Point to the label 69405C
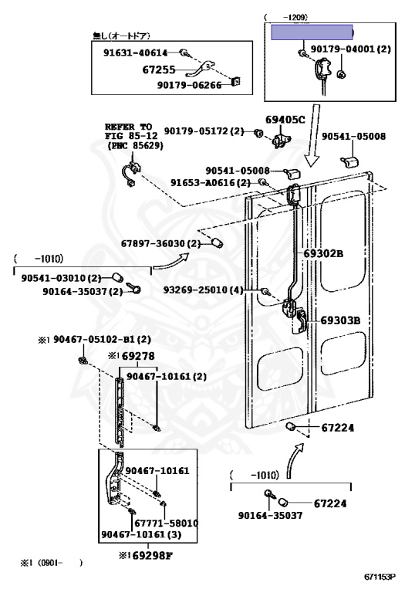tap(285, 119)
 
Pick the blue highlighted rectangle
tap(311, 32)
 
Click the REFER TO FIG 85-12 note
tap(130, 135)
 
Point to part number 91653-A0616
tap(211, 183)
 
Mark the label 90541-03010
tap(61, 278)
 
